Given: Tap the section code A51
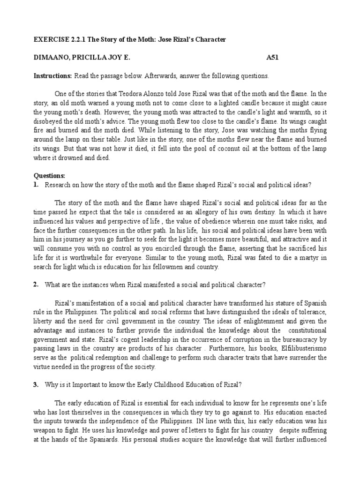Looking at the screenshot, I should click(272, 58).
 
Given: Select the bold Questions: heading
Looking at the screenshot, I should click(50, 176).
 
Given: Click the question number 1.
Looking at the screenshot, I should click(36, 185).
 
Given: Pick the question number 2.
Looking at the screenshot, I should click(36, 285).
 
